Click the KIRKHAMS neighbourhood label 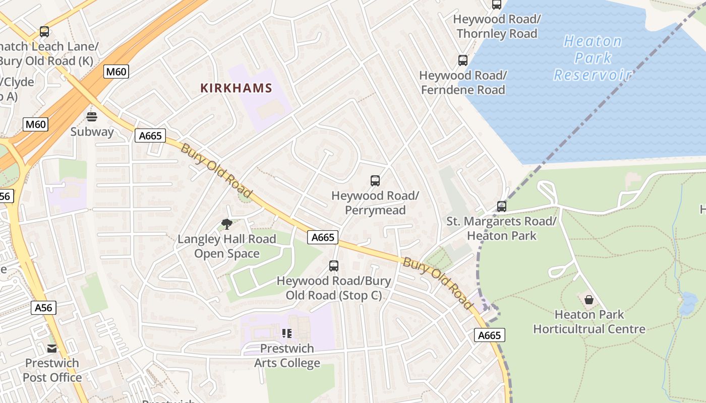tap(236, 88)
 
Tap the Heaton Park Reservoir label tap(593, 58)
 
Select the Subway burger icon tap(92, 117)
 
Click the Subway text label tap(92, 132)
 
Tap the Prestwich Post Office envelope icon tap(52, 348)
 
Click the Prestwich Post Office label tap(52, 370)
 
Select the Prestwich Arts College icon tap(287, 333)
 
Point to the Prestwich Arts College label tap(287, 356)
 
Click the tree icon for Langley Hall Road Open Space tap(226, 224)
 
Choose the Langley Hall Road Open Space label tap(227, 246)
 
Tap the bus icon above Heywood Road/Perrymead tap(375, 180)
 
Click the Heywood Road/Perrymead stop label tap(375, 203)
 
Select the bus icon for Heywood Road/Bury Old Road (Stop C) tap(333, 265)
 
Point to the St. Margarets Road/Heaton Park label tap(501, 228)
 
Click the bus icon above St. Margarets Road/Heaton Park tap(501, 206)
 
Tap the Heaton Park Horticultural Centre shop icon tap(589, 300)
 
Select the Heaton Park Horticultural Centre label tap(589, 322)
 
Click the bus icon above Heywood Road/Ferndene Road tap(462, 60)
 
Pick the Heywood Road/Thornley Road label tap(497, 27)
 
